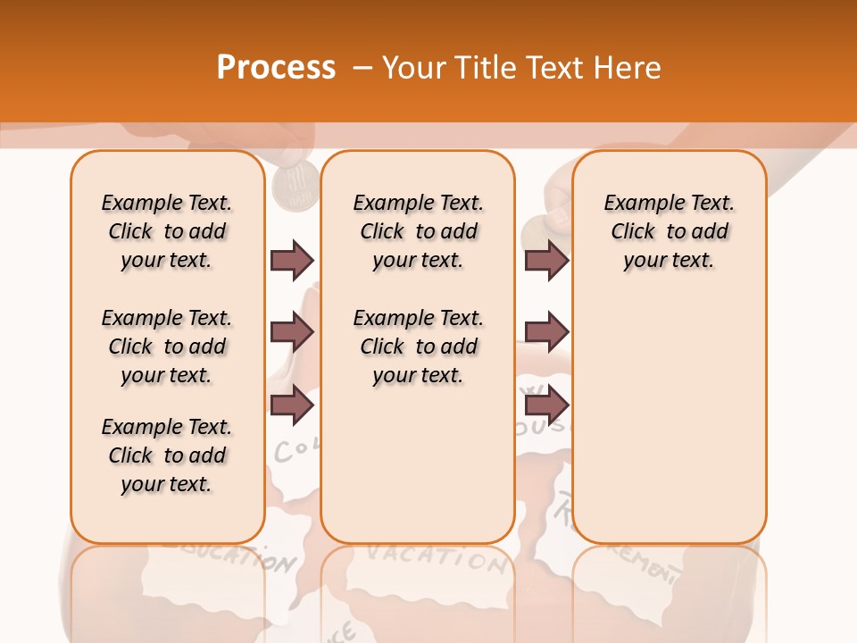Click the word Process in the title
click(276, 68)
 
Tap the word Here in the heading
click(625, 68)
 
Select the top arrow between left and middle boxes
click(292, 260)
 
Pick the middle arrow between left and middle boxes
click(292, 333)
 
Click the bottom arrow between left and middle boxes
click(292, 405)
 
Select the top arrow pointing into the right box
click(546, 260)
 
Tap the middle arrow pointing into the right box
click(546, 333)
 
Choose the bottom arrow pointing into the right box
click(546, 405)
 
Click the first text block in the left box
click(167, 231)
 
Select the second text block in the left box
click(167, 347)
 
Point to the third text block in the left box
click(167, 455)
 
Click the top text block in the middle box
click(418, 231)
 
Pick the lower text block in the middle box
click(418, 347)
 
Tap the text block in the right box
click(669, 231)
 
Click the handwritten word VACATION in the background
click(436, 557)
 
